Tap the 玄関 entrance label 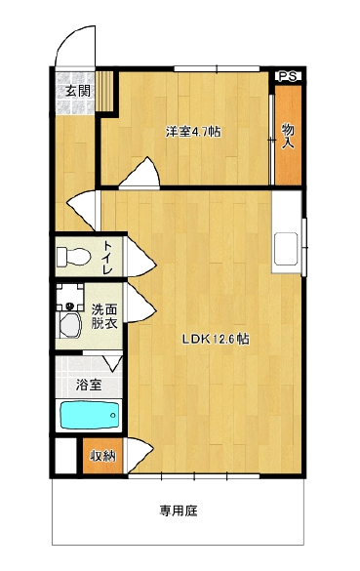(77, 91)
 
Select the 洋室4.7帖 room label (193, 132)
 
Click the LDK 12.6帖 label (216, 340)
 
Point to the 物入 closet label (288, 136)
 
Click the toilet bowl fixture (74, 257)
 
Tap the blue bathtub (90, 415)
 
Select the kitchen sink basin (286, 249)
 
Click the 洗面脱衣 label (104, 317)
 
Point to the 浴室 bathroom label (89, 385)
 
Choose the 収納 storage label (103, 456)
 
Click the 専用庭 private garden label (179, 510)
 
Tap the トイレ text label (107, 258)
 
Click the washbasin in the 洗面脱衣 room (70, 325)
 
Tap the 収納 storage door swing (140, 455)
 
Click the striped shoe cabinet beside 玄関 (104, 91)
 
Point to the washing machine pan (70, 297)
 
